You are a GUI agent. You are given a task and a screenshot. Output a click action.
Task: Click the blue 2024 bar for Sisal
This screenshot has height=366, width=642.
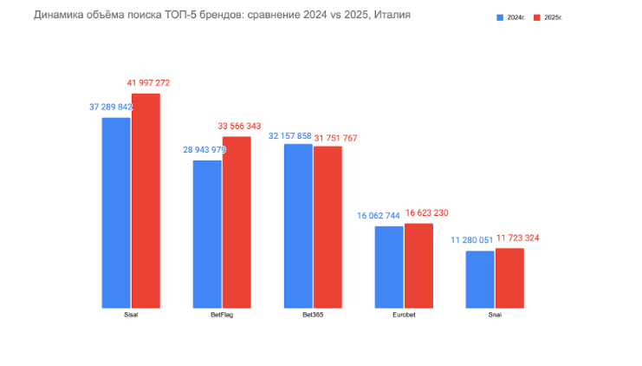116,212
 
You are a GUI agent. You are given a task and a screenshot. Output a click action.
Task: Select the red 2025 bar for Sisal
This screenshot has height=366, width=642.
146,200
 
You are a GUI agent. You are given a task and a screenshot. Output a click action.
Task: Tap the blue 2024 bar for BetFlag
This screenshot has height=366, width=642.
207,233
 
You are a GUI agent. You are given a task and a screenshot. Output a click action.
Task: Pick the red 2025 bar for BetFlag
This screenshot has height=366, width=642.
237,222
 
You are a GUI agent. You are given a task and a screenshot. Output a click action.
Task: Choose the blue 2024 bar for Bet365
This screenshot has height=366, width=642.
298,225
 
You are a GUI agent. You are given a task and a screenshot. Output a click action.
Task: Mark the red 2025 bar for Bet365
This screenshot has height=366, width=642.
327,226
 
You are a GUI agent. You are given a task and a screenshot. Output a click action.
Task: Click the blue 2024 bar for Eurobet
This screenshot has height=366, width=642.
389,266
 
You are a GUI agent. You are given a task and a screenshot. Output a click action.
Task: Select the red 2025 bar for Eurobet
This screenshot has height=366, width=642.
418,265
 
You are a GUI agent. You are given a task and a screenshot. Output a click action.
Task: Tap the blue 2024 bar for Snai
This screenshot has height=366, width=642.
480,278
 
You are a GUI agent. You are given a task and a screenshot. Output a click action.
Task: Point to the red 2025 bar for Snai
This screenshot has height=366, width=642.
509,278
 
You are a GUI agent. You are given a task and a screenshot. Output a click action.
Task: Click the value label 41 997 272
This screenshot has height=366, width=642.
148,83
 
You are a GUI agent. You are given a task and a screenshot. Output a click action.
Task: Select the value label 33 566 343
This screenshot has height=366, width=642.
239,127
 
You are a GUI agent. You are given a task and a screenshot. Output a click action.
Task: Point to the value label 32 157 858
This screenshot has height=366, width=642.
290,136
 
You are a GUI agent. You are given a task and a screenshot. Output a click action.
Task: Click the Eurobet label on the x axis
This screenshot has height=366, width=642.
404,315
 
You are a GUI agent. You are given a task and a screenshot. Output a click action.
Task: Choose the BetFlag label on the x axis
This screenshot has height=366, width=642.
222,315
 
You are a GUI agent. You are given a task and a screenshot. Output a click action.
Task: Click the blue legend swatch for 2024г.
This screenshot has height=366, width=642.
500,17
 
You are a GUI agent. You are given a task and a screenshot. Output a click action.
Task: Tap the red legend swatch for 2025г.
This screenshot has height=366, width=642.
537,17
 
